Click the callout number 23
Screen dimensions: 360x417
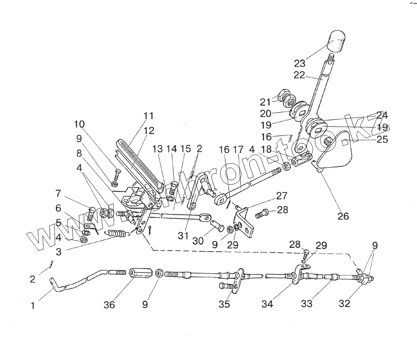click(x=299, y=64)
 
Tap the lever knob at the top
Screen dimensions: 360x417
click(x=337, y=40)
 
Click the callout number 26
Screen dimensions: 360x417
click(x=344, y=217)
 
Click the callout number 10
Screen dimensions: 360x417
click(x=79, y=124)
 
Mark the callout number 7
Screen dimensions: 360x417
click(x=58, y=194)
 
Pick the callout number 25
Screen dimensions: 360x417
click(x=382, y=140)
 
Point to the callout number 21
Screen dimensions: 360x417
click(x=266, y=102)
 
